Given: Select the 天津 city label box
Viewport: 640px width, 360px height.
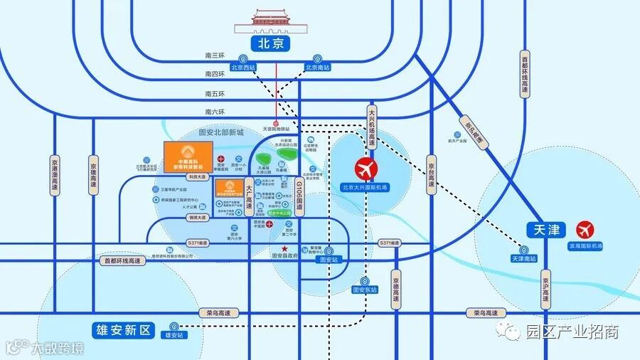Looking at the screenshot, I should [545, 230].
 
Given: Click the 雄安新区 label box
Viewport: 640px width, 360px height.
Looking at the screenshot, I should [123, 330].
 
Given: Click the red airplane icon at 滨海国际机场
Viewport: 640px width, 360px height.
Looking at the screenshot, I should [586, 231].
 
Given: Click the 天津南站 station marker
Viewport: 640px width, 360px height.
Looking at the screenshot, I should [524, 250].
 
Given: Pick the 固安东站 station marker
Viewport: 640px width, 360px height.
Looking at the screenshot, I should [366, 281].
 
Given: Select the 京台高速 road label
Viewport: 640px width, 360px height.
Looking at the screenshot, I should [430, 175].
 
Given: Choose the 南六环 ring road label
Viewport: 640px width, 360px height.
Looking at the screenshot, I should [214, 112].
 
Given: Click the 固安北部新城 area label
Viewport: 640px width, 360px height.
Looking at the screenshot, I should [221, 132].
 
